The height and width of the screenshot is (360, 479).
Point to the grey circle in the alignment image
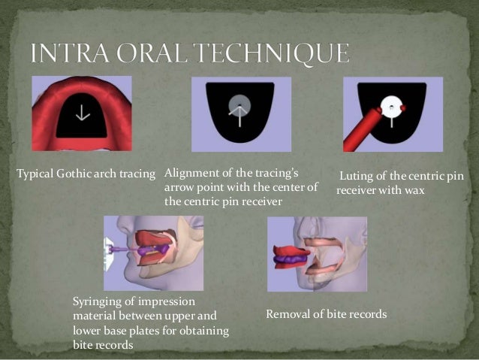coord(237,106)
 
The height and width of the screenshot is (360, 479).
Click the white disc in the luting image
coord(392,107)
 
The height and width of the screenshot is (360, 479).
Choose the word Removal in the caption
coord(288,313)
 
